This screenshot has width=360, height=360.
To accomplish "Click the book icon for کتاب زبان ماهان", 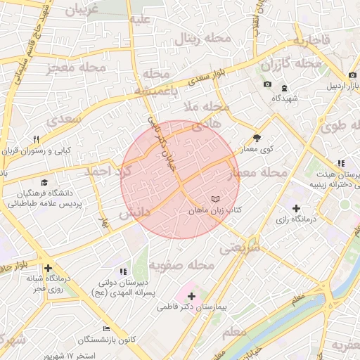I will click(x=215, y=199).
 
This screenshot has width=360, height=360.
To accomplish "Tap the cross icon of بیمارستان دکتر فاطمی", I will click(x=191, y=296).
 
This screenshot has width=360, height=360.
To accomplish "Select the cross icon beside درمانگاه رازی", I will click(x=296, y=209).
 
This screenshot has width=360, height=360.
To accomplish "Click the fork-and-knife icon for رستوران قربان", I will click(x=37, y=139).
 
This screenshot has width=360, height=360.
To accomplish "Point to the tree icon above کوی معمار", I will click(x=257, y=139).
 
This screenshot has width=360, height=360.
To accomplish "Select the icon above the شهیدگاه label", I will click(x=284, y=88).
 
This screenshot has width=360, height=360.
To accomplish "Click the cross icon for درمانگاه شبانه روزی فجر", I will click(x=47, y=268).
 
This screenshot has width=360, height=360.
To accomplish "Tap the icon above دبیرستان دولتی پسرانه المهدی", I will click(x=123, y=271).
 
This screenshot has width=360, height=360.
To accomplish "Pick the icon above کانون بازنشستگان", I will click(x=106, y=328).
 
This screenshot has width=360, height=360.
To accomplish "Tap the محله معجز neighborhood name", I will click(x=75, y=67).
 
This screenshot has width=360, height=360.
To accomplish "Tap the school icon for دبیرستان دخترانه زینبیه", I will click(x=341, y=163).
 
